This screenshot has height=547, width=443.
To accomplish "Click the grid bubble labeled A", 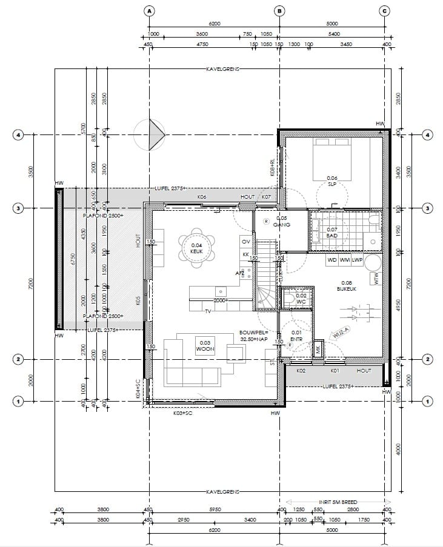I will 150,10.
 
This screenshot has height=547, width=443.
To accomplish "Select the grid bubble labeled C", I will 384,10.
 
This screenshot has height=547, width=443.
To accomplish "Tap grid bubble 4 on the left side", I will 18,135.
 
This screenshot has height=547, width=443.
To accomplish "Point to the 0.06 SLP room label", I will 331,181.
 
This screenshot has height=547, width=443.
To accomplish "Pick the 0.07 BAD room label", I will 331,233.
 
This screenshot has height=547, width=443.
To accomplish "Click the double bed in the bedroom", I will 331,159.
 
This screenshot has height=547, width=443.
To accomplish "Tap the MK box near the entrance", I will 318,349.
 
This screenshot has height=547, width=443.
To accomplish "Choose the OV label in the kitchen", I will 245,241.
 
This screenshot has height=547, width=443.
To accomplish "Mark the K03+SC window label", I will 183,413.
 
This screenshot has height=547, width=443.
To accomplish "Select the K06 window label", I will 202,197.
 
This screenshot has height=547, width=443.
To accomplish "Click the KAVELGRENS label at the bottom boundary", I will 222,491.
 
